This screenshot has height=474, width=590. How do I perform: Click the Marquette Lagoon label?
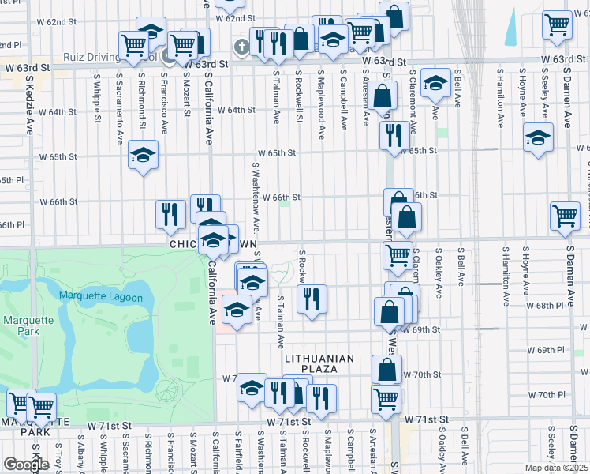pos(100,297)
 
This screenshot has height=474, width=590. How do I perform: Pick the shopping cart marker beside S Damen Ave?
pos(566,216)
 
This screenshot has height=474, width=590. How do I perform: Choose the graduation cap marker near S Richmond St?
pos(144,154)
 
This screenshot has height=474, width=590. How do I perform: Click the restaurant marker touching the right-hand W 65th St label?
pos(394,134)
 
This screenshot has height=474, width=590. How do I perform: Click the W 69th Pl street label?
pos(544,349)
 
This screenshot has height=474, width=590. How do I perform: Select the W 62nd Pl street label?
pos(9,46)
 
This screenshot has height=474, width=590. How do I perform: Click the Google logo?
pos(25,465)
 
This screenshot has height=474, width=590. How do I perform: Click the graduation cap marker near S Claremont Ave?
pos(435,83)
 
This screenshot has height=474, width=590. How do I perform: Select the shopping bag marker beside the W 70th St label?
pos(386,369)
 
